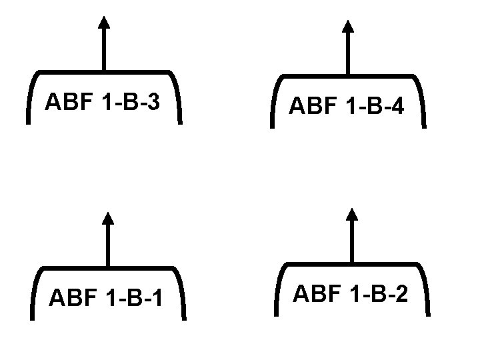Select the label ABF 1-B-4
coord(347,105)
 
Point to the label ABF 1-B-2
coord(351,293)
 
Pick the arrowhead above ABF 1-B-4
coord(347,26)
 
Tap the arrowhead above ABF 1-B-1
coord(108,217)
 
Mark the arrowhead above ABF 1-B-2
coord(353,214)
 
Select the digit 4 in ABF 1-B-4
coord(398,105)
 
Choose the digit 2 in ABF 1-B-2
coord(403,293)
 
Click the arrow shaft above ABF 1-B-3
coord(103,50)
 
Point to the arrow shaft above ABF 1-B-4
coord(347,53)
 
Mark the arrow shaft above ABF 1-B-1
coord(108,245)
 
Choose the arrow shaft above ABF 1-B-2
coord(353,242)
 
